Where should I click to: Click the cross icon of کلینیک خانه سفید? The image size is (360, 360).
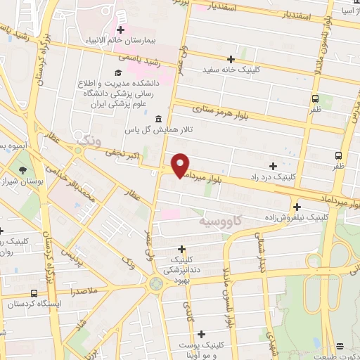(x=231, y=59)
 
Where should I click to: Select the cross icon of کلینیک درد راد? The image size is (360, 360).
(x=272, y=165)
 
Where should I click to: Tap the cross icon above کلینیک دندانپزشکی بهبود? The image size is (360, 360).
(x=181, y=248)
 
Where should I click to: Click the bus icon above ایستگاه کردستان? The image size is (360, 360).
(x=34, y=292)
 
